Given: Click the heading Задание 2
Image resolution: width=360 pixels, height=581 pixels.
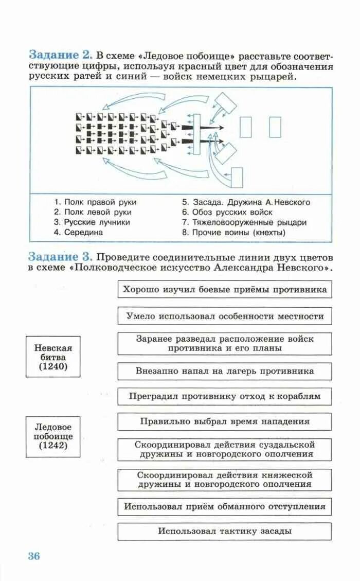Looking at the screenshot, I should point(60,55).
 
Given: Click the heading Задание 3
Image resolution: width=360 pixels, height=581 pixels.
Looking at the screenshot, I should point(60,256).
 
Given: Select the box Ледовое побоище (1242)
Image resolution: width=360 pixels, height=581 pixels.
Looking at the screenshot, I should point(53,436).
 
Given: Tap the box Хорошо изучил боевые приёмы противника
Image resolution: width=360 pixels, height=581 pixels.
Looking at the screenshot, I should point(225,289).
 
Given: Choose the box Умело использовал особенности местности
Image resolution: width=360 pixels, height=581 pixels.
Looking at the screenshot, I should point(225,316).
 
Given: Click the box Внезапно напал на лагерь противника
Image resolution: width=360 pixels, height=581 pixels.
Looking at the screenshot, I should point(225,371).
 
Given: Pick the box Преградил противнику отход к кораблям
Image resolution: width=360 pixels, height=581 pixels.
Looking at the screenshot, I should point(225,396).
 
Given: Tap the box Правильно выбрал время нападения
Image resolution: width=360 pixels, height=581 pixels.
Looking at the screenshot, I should point(225,421).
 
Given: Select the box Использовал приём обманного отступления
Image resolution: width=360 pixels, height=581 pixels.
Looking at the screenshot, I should point(225,506).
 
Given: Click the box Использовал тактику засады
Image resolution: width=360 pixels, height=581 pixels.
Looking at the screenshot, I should point(225,531).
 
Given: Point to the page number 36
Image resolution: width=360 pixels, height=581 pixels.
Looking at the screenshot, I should point(33,556).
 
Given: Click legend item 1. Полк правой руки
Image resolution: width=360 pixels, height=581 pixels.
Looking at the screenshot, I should point(95,202).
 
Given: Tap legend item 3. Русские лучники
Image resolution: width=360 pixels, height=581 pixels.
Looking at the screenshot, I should point(92,222).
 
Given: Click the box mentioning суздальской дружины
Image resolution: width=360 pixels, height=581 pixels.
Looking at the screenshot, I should point(225,449).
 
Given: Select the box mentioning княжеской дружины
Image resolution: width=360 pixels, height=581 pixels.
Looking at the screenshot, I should point(225,480).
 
